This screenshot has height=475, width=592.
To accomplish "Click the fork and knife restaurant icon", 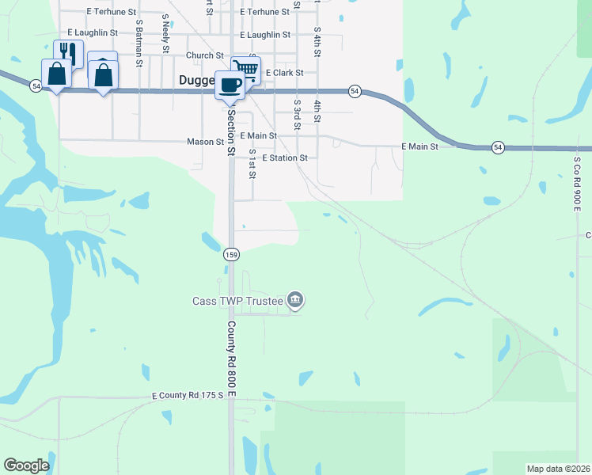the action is (x=68, y=52).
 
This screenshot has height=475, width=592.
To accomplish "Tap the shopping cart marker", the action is (x=246, y=69).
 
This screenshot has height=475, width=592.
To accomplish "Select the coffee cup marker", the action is (x=230, y=83).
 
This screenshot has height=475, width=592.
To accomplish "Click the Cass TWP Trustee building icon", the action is (x=295, y=300).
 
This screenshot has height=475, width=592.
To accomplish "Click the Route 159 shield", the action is (x=231, y=254).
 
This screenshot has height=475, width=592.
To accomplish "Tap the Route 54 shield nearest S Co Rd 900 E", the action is (x=497, y=147).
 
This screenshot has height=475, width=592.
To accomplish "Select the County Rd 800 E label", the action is (x=232, y=358).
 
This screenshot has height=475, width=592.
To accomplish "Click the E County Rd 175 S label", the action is (x=190, y=394).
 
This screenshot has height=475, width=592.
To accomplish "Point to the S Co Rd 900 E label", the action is (x=578, y=183).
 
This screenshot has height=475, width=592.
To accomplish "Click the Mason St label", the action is (x=205, y=142).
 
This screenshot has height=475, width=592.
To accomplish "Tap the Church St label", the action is (x=205, y=55).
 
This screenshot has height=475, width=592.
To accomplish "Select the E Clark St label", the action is (x=284, y=72).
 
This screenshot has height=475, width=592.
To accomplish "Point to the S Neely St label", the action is (x=165, y=32).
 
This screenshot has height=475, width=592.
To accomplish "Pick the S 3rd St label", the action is (x=297, y=114).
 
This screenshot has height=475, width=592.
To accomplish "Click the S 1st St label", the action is (x=252, y=163).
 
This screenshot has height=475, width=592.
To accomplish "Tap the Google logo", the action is (x=26, y=465).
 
